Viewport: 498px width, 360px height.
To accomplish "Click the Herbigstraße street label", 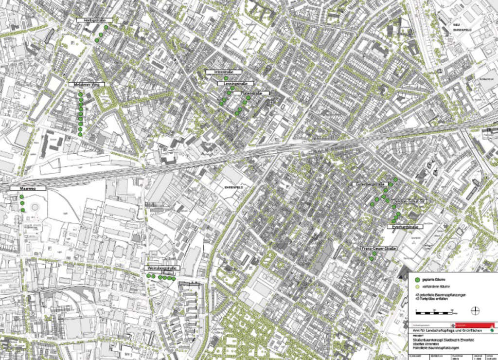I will tap(95, 20).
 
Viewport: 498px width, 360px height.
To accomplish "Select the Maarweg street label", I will tap(28, 188).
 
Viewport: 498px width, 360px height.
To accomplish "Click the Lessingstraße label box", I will tap(233, 84).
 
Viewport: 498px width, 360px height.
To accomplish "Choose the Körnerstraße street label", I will tap(251, 92).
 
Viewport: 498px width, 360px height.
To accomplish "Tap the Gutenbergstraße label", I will tap(369, 184).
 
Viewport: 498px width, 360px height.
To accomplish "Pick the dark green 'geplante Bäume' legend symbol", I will tap(416, 280).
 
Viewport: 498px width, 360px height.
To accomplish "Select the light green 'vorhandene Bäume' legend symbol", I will tap(416, 287).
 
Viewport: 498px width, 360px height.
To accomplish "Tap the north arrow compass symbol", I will tap(475, 309).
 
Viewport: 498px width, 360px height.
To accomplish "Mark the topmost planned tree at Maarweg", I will tap(22, 197).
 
